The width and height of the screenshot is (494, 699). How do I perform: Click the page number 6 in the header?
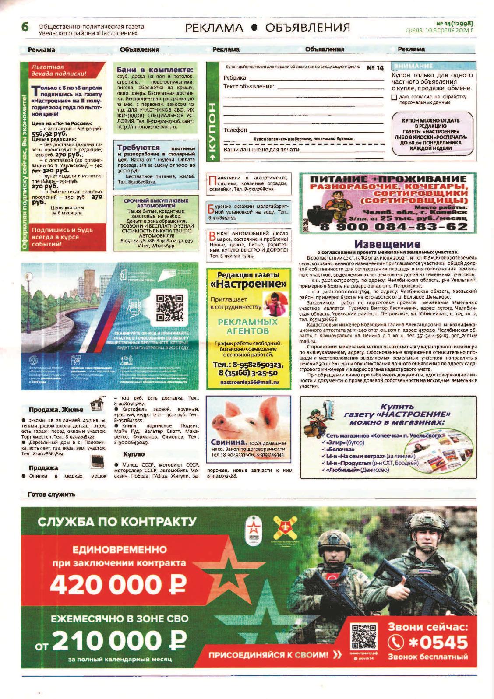[25, 27]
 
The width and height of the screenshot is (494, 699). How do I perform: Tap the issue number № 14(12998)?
[455, 24]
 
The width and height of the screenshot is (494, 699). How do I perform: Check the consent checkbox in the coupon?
[394, 97]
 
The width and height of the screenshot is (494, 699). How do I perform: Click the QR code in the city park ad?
[169, 308]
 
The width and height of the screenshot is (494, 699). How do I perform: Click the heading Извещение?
[387, 244]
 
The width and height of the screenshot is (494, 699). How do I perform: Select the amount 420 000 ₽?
[118, 583]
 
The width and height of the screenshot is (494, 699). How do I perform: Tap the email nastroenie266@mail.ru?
[249, 382]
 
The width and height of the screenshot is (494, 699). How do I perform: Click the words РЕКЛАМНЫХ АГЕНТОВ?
[248, 326]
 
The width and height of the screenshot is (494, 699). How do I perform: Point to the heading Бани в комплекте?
[155, 70]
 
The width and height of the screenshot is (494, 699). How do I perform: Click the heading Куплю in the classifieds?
[134, 454]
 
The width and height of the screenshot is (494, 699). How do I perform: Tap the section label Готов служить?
[51, 495]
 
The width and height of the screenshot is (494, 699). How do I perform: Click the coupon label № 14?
[375, 68]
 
